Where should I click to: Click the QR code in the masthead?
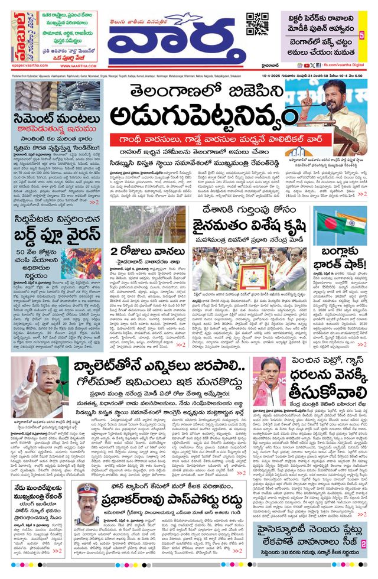click(258, 23)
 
